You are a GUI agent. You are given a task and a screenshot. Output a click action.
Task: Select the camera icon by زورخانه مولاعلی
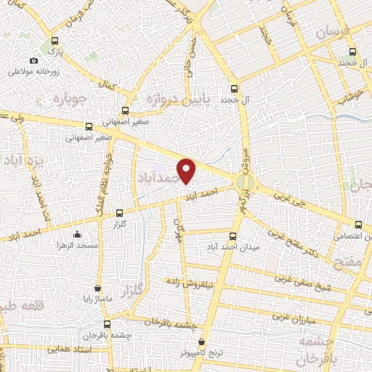(x=33, y=60)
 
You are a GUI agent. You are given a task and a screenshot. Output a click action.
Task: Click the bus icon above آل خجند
(x=234, y=87)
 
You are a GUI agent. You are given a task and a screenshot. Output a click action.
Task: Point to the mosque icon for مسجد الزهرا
(x=78, y=234)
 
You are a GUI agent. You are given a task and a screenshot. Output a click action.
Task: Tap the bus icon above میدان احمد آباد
(x=233, y=235)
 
